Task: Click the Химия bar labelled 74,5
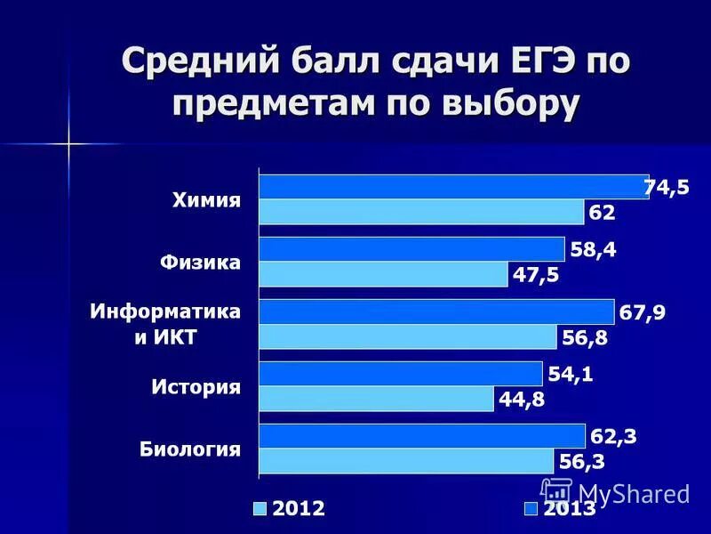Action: (x=453, y=187)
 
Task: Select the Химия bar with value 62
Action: (x=421, y=212)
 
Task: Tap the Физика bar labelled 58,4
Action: (x=411, y=249)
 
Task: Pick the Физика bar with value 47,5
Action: (x=383, y=274)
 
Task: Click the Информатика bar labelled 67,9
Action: (x=436, y=311)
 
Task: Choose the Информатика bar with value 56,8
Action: (x=408, y=336)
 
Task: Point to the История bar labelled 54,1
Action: (x=400, y=374)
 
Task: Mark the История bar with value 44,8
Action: (x=376, y=399)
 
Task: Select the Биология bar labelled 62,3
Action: (x=422, y=436)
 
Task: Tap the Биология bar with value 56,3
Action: (x=406, y=461)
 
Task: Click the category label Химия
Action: (x=206, y=200)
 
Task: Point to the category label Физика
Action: (x=200, y=263)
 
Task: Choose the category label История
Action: (x=196, y=387)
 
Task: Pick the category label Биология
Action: (x=190, y=449)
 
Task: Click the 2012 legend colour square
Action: (x=260, y=509)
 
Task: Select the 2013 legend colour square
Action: (x=531, y=509)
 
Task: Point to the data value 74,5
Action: (x=667, y=188)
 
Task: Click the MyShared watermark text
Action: (x=633, y=493)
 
